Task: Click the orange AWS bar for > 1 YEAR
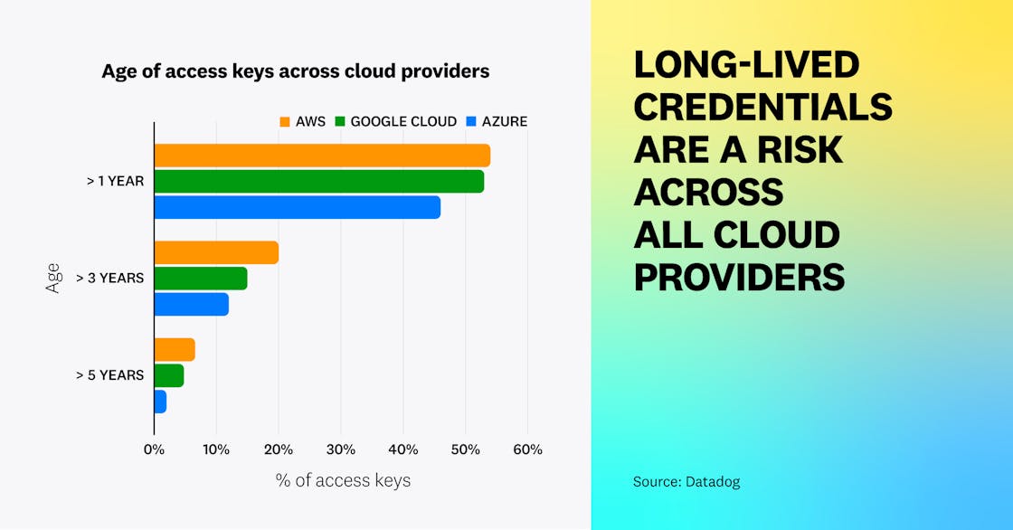click(x=322, y=156)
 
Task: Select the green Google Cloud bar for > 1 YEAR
click(x=318, y=181)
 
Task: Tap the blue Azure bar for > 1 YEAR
click(x=297, y=207)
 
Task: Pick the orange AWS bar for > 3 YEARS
click(x=216, y=252)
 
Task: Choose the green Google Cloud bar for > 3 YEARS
click(x=200, y=279)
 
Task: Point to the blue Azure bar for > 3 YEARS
click(x=191, y=304)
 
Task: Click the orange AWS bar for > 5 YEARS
click(x=175, y=349)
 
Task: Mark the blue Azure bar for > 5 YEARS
click(x=160, y=401)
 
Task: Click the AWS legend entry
click(x=302, y=121)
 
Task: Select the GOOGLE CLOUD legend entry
click(x=395, y=121)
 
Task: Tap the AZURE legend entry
click(x=497, y=121)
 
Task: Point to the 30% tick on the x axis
click(x=340, y=449)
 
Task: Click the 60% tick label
click(x=527, y=449)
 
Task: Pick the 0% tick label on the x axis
click(x=154, y=449)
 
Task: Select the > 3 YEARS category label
click(x=109, y=278)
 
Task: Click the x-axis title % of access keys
click(x=343, y=480)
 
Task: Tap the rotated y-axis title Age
click(x=52, y=277)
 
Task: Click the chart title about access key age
click(x=295, y=71)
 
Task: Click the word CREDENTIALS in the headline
click(x=762, y=107)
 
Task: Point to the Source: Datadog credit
click(x=686, y=481)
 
